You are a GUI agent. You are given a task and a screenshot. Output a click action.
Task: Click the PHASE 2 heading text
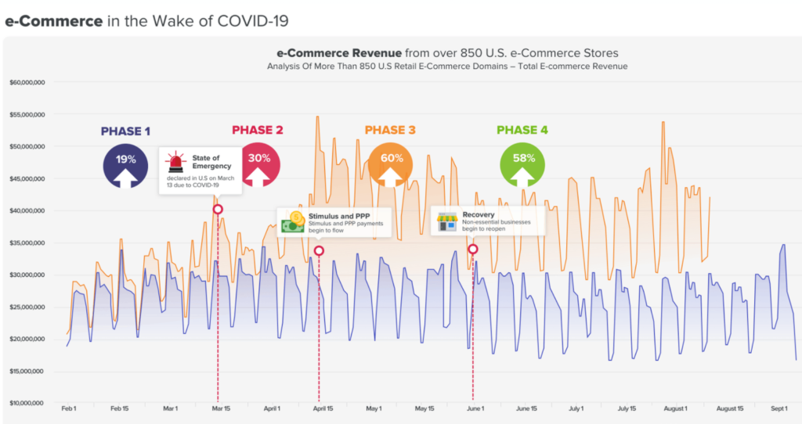pyautogui.click(x=257, y=130)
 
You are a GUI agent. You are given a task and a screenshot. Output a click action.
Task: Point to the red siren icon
pyautogui.click(x=175, y=162)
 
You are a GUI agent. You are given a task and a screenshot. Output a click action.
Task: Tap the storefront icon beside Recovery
pyautogui.click(x=447, y=221)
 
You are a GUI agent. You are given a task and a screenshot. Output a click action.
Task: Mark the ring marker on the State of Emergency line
pyautogui.click(x=218, y=209)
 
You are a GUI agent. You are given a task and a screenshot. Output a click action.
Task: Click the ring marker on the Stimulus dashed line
pyautogui.click(x=319, y=251)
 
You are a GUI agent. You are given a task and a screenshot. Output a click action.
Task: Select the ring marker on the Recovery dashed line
pyautogui.click(x=473, y=250)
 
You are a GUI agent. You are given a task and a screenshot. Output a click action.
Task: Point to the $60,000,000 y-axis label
pyautogui.click(x=27, y=82)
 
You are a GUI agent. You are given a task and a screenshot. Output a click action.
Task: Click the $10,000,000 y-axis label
pyautogui.click(x=27, y=403)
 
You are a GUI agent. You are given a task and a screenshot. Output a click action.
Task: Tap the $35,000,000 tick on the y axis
pyautogui.click(x=27, y=243)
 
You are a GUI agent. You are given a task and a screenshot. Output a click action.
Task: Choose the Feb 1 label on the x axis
pyautogui.click(x=68, y=408)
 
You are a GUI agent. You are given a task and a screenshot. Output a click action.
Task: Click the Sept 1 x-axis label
pyautogui.click(x=779, y=408)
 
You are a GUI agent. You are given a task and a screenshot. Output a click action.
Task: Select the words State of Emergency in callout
pyautogui.click(x=211, y=162)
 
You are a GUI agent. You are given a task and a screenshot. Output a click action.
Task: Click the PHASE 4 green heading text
pyautogui.click(x=522, y=130)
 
